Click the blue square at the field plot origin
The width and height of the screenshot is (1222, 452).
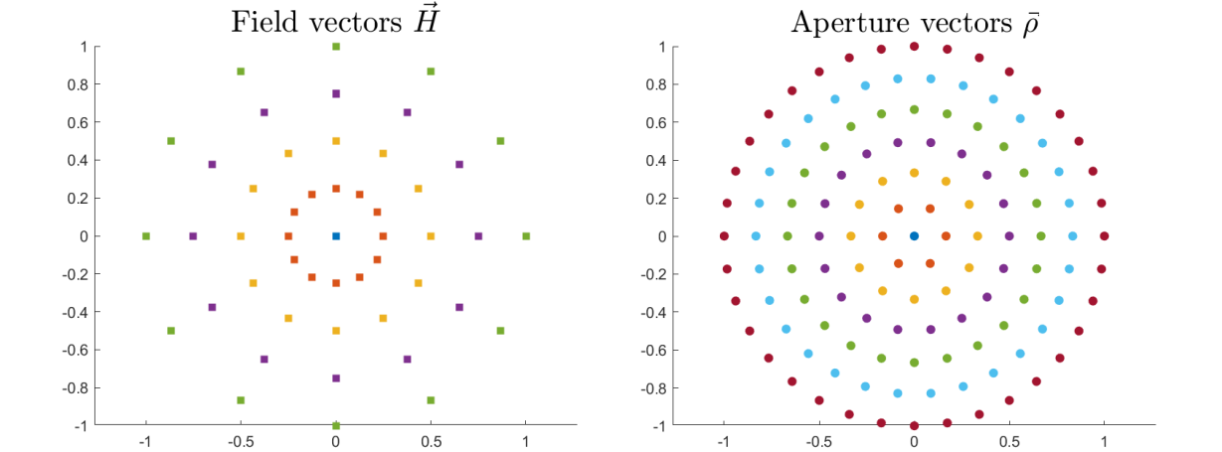(x=336, y=236)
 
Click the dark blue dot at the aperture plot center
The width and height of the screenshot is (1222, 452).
(x=914, y=235)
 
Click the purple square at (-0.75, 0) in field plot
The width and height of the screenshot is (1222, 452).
(x=193, y=236)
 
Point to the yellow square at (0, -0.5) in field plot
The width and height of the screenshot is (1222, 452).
(x=336, y=331)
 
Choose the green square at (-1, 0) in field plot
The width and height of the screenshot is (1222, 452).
(x=146, y=236)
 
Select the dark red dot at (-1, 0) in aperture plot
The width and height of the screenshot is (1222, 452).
(x=724, y=236)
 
